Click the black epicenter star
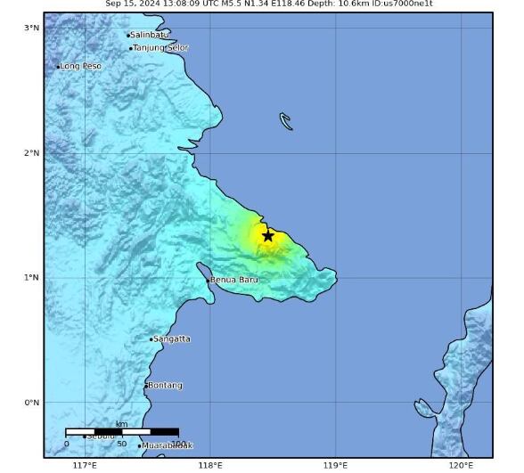pyautogui.click(x=268, y=235)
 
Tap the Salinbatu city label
pyautogui.click(x=149, y=35)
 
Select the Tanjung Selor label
pyautogui.click(x=160, y=47)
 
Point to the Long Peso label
pyautogui.click(x=80, y=66)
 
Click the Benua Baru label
pyautogui.click(x=233, y=280)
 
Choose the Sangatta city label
pyautogui.click(x=171, y=338)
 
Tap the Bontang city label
pyautogui.click(x=165, y=385)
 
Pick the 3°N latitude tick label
pyautogui.click(x=32, y=28)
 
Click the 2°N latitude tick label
pyautogui.click(x=32, y=152)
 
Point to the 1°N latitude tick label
pyautogui.click(x=32, y=277)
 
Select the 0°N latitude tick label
pyautogui.click(x=32, y=402)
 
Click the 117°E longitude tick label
pyautogui.click(x=85, y=464)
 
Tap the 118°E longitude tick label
pyautogui.click(x=210, y=464)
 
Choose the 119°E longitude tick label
pyautogui.click(x=336, y=464)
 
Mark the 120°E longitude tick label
pyautogui.click(x=462, y=464)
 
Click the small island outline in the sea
pyautogui.click(x=286, y=121)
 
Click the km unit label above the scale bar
pyautogui.click(x=121, y=424)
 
